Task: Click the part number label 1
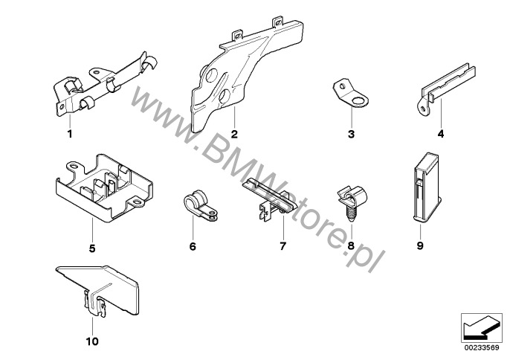pos(70,135)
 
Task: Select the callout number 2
pos(233,135)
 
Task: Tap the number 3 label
pos(352,135)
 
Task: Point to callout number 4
pos(440,135)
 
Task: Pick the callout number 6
pos(192,245)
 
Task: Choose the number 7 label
pos(283,245)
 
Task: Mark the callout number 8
pos(351,245)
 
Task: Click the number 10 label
pos(93,342)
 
